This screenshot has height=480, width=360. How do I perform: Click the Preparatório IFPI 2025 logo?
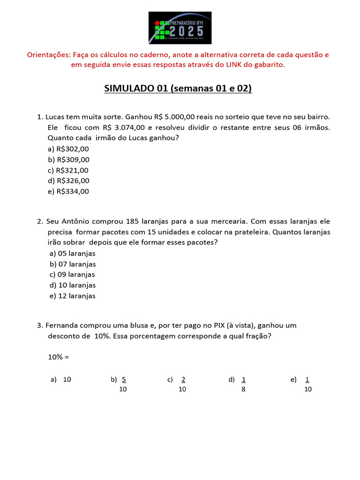pyautogui.click(x=180, y=28)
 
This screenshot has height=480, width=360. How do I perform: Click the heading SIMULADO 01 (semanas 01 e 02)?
pyautogui.click(x=178, y=89)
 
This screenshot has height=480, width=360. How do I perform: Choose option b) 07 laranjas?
pyautogui.click(x=73, y=264)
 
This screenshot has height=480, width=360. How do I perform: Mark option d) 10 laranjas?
pyautogui.click(x=73, y=285)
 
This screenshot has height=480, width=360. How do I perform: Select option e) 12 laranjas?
pyautogui.click(x=73, y=296)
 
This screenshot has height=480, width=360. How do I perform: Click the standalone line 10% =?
pyautogui.click(x=58, y=357)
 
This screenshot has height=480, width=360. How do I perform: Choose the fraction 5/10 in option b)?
pyautogui.click(x=123, y=384)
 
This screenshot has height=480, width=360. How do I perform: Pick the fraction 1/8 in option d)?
pyautogui.click(x=244, y=384)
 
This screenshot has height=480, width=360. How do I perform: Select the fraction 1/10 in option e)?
pyautogui.click(x=307, y=384)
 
